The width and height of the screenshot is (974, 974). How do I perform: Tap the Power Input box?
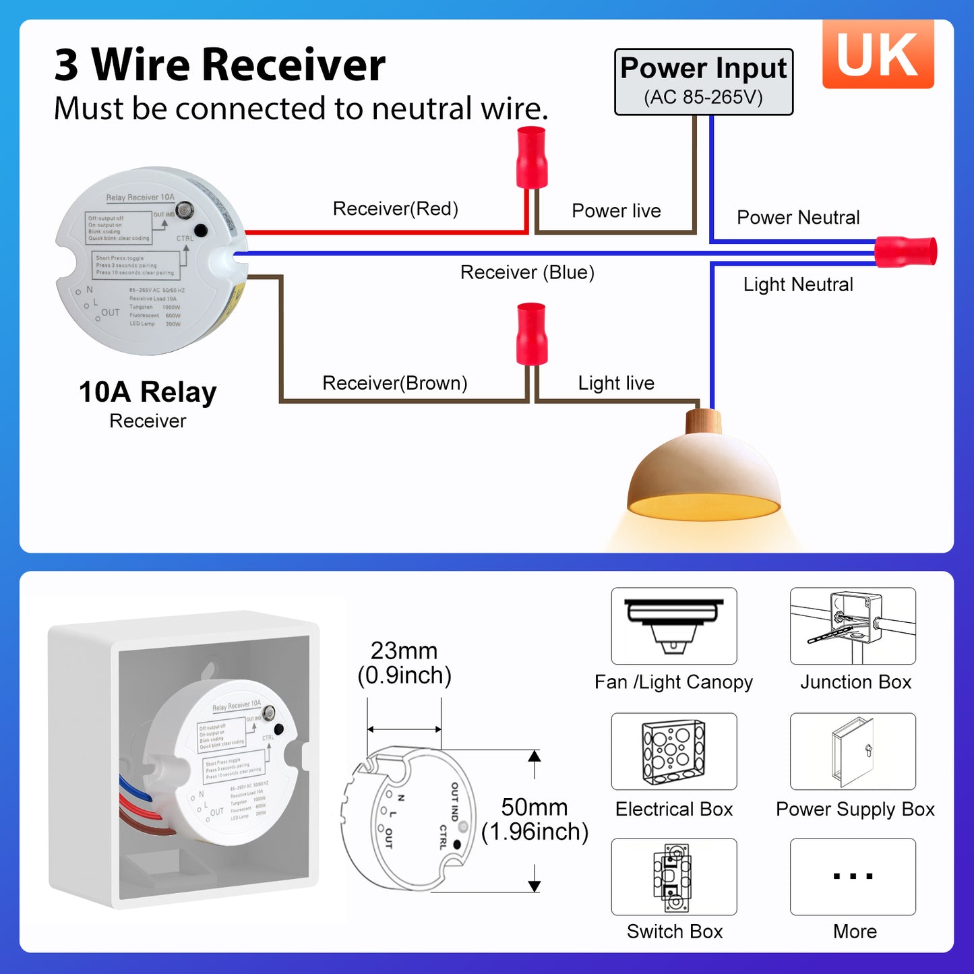(703, 82)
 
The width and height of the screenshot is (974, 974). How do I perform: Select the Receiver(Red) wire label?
(395, 209)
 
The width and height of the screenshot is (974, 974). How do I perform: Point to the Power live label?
(616, 211)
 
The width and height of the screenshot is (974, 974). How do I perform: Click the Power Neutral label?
(798, 218)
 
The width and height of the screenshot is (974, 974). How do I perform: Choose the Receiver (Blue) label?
(527, 272)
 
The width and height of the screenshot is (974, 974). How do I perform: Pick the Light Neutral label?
(798, 284)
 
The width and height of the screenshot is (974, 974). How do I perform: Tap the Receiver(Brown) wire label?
(394, 383)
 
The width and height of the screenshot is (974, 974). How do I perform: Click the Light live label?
(616, 383)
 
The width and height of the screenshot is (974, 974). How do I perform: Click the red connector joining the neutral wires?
(905, 252)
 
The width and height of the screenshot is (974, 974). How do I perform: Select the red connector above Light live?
(531, 334)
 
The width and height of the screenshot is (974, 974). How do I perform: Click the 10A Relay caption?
(148, 392)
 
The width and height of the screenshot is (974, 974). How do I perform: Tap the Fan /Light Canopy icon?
(673, 626)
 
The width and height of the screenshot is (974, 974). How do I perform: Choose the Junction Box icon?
(853, 626)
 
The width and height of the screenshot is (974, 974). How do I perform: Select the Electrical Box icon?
(673, 752)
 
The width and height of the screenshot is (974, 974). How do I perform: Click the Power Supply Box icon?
(853, 752)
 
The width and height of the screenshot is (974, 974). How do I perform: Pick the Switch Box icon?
(673, 876)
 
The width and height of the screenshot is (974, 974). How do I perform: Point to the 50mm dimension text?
(535, 808)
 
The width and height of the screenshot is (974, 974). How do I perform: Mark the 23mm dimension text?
(404, 651)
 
